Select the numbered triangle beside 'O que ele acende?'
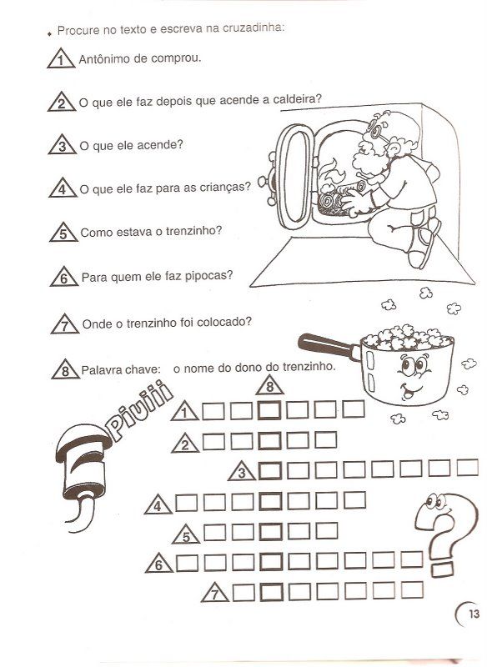click(62, 144)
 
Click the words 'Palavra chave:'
click(121, 369)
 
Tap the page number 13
click(474, 614)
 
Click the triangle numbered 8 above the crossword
click(269, 385)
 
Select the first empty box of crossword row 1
click(213, 411)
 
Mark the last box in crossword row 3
click(468, 468)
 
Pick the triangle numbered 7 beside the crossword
click(215, 592)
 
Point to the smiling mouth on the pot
click(409, 389)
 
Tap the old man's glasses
click(376, 129)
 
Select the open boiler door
click(294, 177)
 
